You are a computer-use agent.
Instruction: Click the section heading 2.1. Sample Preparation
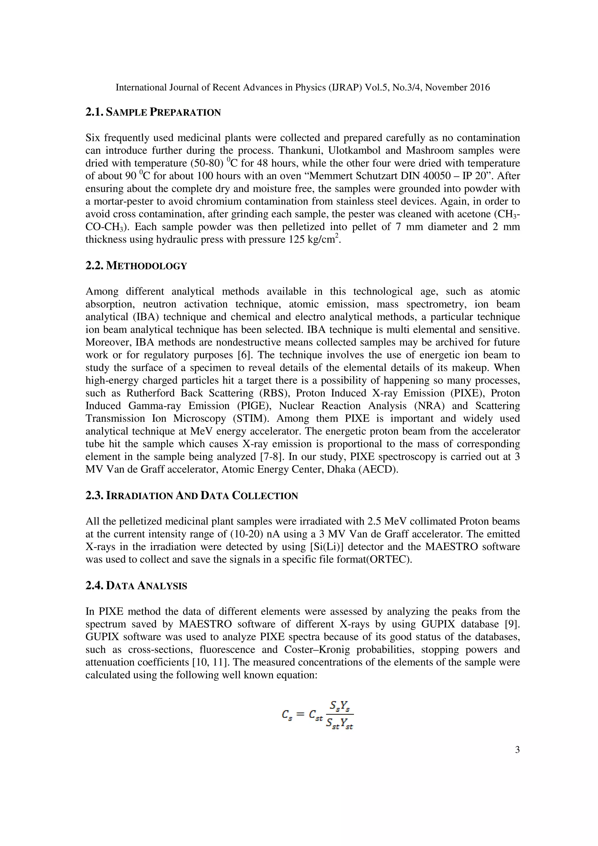[x=153, y=112]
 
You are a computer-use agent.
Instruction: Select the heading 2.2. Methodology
[x=136, y=266]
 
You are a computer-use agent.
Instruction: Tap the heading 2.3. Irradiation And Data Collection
[x=192, y=496]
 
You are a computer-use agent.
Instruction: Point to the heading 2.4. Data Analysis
[x=136, y=586]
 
